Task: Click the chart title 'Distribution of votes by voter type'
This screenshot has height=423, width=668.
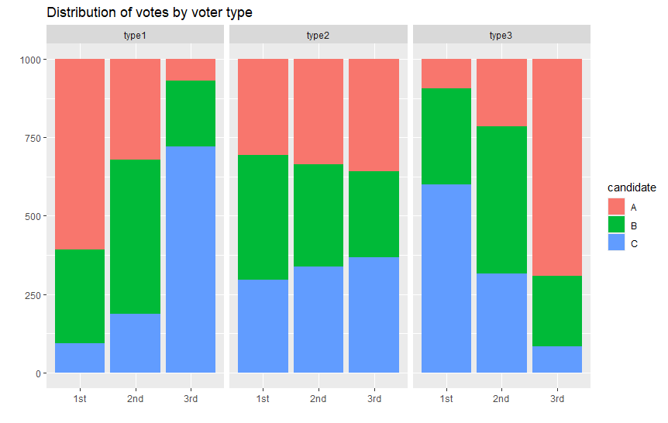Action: (x=150, y=12)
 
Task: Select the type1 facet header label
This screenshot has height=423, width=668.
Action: (x=135, y=36)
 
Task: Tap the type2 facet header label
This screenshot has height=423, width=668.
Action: (x=318, y=36)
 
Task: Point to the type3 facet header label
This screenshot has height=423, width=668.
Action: (x=501, y=36)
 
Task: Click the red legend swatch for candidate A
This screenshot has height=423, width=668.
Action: (x=616, y=207)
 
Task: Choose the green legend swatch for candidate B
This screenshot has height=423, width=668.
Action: (x=616, y=225)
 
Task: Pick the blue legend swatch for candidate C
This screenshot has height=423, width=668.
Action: (x=616, y=244)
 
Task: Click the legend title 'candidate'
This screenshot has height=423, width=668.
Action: (x=632, y=187)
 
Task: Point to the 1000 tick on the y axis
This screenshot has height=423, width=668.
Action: (x=32, y=60)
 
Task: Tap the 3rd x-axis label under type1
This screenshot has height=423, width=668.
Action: (x=191, y=399)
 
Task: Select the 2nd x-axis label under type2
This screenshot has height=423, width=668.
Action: (x=318, y=399)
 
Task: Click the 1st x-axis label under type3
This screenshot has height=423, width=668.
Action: (x=446, y=399)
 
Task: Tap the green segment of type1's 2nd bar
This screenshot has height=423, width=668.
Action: (x=135, y=236)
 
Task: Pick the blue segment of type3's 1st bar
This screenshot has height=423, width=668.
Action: (x=446, y=279)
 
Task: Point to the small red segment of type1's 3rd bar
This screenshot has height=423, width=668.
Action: (x=191, y=70)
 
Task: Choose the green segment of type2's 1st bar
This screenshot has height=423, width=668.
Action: (x=263, y=217)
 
